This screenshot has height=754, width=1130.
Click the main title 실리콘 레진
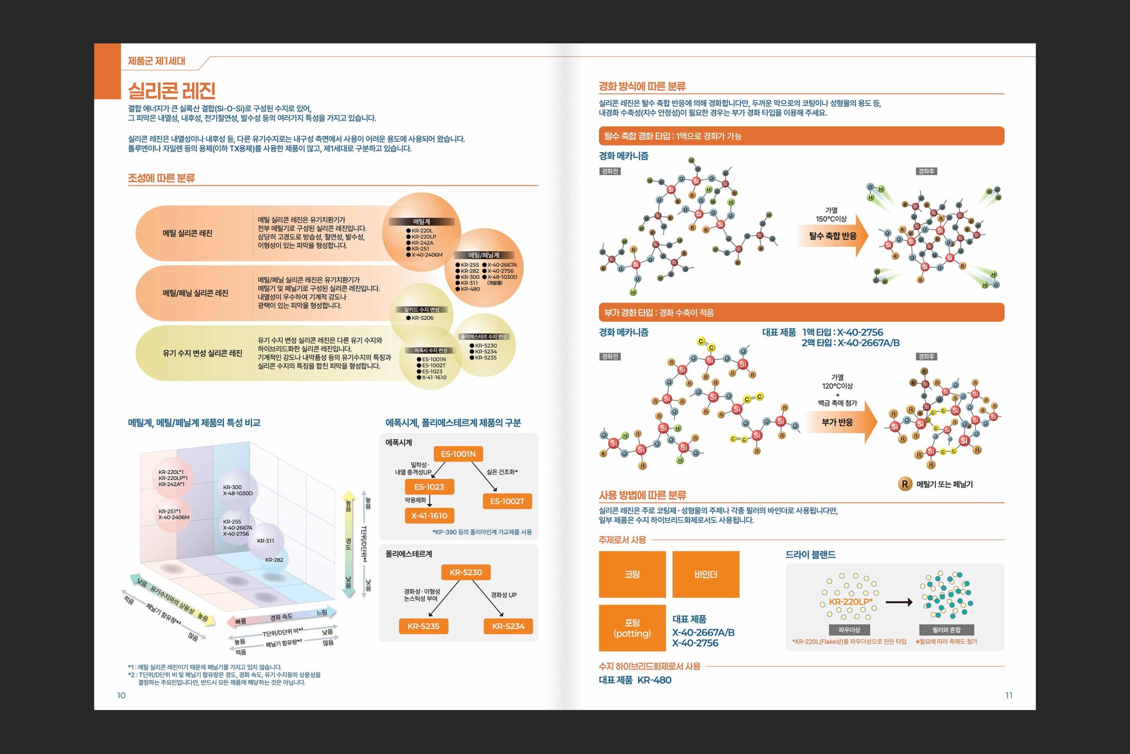tap(172, 91)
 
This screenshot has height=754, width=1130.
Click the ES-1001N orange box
tap(458, 454)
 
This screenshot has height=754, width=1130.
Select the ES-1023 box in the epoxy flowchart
tap(429, 487)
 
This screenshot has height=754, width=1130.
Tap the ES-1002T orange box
tap(507, 501)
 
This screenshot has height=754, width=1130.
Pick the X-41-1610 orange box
tap(429, 516)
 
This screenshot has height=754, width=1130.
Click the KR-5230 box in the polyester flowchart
tap(465, 572)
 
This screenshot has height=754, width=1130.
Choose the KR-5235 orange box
tap(423, 626)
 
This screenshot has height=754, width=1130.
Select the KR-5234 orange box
tap(508, 626)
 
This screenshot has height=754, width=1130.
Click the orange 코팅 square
tap(632, 574)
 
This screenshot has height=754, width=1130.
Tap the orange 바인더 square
tap(705, 574)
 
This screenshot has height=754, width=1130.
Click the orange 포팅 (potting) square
tap(632, 628)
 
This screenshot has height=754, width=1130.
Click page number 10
tap(121, 695)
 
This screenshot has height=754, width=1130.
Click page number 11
tap(1009, 695)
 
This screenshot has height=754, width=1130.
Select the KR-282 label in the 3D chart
tap(274, 560)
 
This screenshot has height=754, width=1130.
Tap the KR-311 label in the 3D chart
tap(265, 541)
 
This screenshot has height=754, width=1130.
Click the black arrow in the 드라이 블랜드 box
tap(898, 602)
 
